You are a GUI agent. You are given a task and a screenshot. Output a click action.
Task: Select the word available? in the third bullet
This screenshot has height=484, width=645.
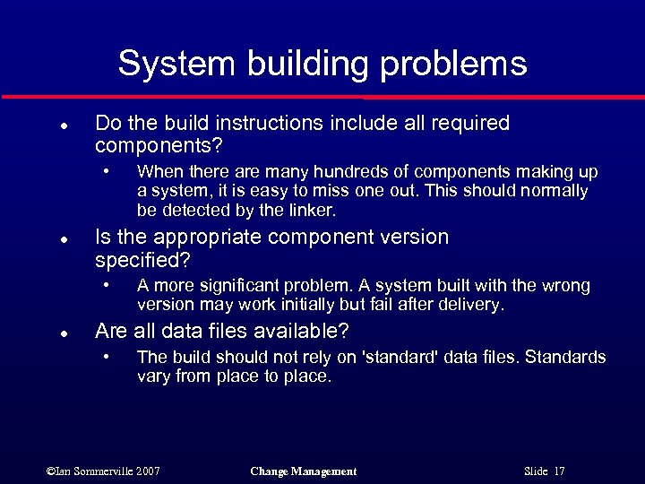point(303,332)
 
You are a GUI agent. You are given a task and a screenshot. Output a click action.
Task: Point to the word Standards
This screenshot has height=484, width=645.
point(565,357)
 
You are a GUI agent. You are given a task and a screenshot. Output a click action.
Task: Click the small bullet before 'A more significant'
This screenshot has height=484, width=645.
point(107,285)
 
